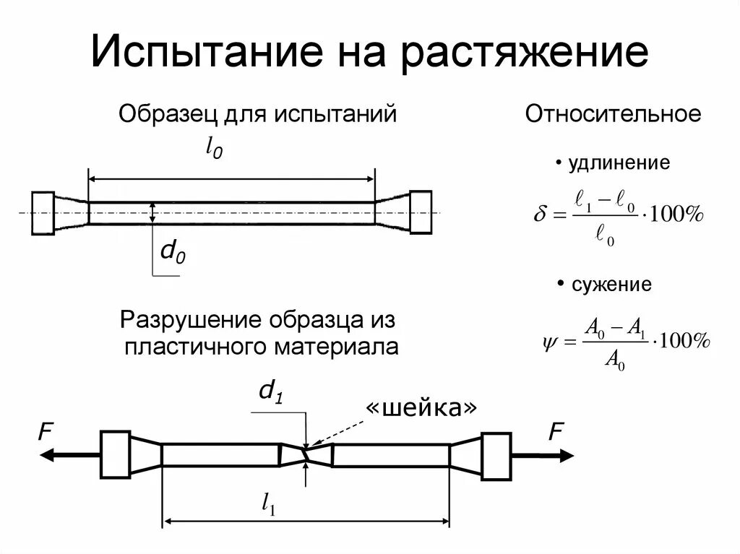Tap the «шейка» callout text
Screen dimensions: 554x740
tap(421, 408)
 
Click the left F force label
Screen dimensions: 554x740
tap(46, 433)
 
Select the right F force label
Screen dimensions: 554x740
tap(555, 433)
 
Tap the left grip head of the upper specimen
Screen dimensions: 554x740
tap(43, 212)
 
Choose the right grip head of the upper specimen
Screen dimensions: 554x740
tap(420, 212)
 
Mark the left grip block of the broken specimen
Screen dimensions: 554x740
tap(115, 455)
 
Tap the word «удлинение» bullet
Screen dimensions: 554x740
tap(619, 163)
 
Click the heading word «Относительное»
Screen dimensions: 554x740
tap(613, 114)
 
